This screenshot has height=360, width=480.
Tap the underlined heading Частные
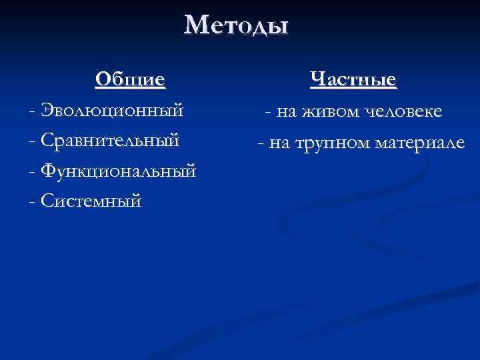point(353,81)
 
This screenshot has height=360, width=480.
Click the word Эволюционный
point(112,111)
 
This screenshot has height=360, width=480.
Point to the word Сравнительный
point(110,141)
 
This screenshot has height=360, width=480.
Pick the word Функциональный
point(118,171)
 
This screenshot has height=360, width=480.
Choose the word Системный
point(91,200)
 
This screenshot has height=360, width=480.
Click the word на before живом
point(287,112)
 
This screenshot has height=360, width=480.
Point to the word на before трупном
point(279,142)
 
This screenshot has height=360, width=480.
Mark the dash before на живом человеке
point(268,113)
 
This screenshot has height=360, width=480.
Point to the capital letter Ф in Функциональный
point(49,171)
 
